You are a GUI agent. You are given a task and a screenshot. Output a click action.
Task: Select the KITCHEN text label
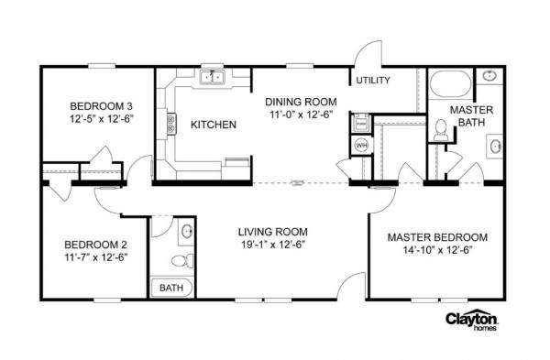pyautogui.click(x=214, y=125)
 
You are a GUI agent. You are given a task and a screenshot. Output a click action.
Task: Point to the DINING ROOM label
pyautogui.click(x=301, y=102)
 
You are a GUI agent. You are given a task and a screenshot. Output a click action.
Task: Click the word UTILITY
pyautogui.click(x=373, y=81)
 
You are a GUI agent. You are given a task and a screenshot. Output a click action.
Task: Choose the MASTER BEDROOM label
pyautogui.click(x=436, y=237)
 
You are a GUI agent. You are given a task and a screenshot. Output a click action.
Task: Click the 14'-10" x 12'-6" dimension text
pyautogui.click(x=436, y=251)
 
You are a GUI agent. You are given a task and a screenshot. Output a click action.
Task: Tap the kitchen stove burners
pyautogui.click(x=170, y=124)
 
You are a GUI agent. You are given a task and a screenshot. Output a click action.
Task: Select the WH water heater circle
pyautogui.click(x=360, y=145)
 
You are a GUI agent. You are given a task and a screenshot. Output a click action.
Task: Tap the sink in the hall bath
pyautogui.click(x=187, y=231)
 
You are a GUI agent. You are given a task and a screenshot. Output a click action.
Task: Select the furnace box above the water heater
pyautogui.click(x=361, y=121)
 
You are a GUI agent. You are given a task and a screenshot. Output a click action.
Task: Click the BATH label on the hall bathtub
pyautogui.click(x=170, y=288)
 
